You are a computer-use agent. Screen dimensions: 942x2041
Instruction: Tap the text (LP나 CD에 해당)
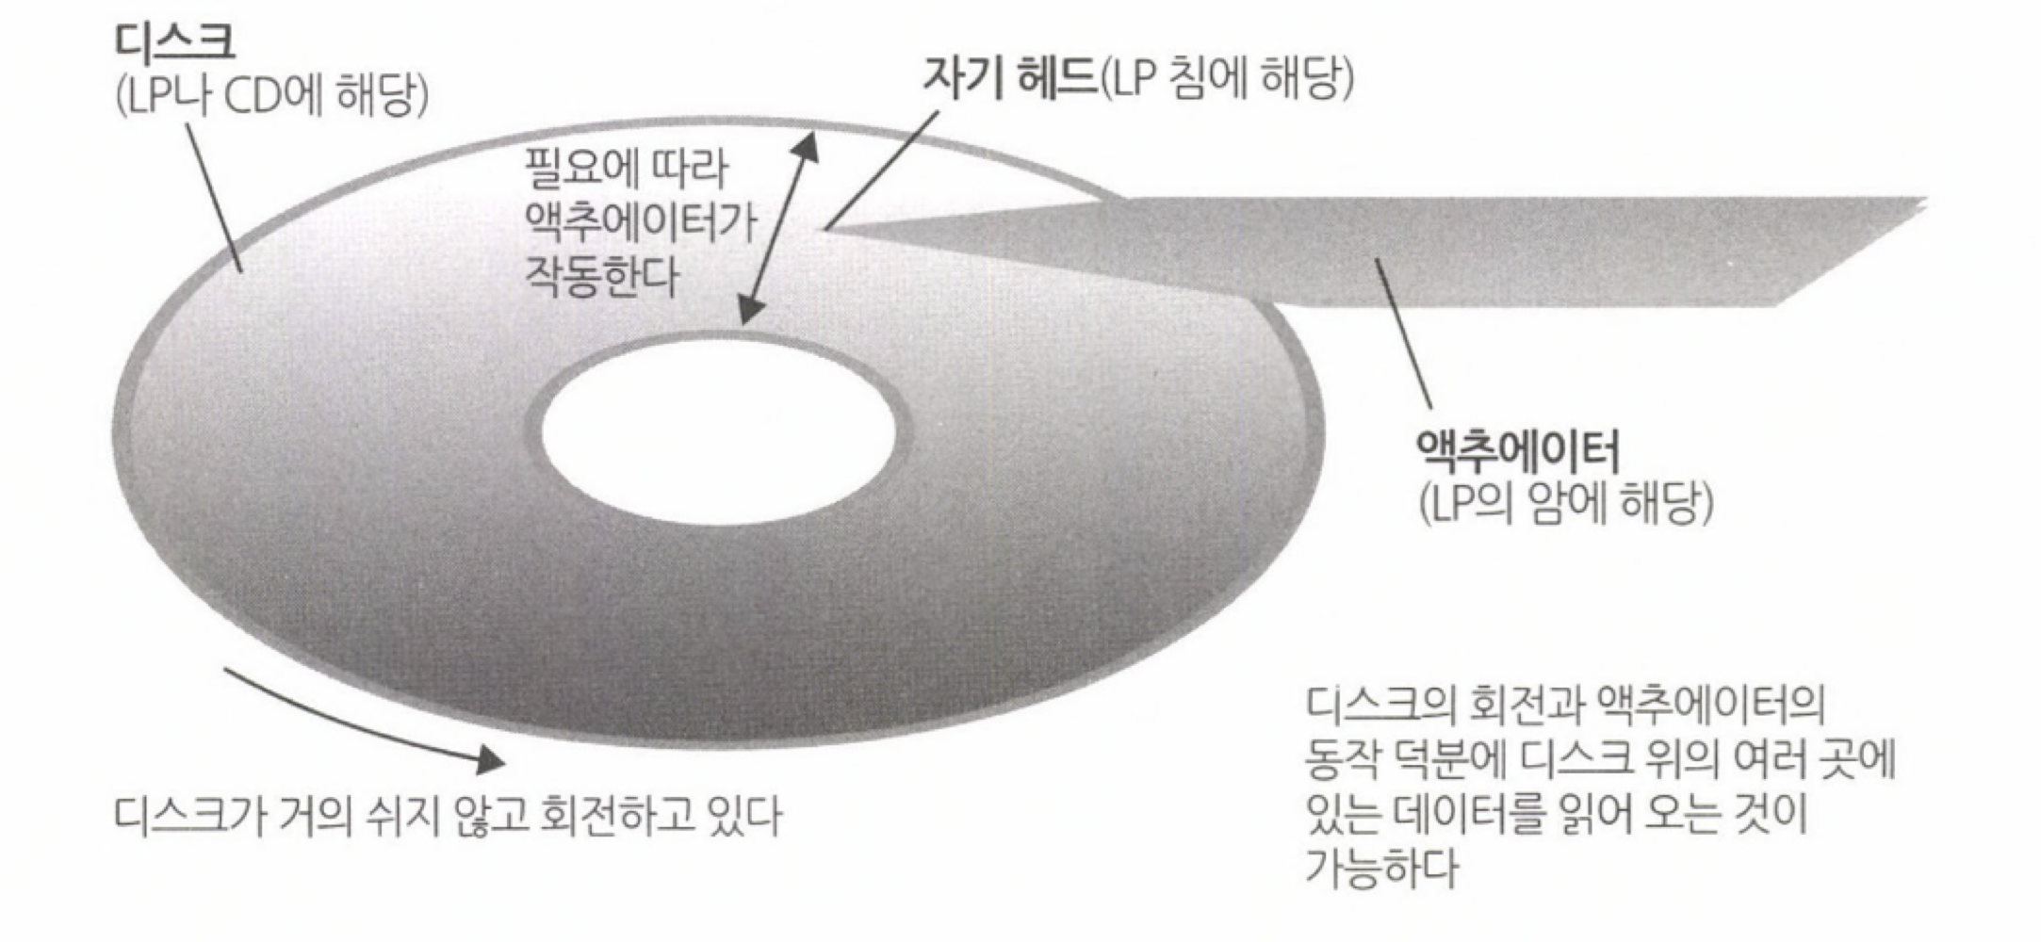[272, 95]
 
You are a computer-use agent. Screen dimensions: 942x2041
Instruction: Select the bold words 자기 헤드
[1009, 75]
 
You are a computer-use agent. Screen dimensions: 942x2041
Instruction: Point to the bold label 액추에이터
[1518, 451]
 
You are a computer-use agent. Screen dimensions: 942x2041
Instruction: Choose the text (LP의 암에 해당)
[1565, 503]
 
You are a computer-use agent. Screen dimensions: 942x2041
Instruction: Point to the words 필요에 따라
[626, 169]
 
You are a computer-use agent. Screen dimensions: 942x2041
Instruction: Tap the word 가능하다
[1381, 867]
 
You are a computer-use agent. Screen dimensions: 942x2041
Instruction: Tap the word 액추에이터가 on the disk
[641, 222]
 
